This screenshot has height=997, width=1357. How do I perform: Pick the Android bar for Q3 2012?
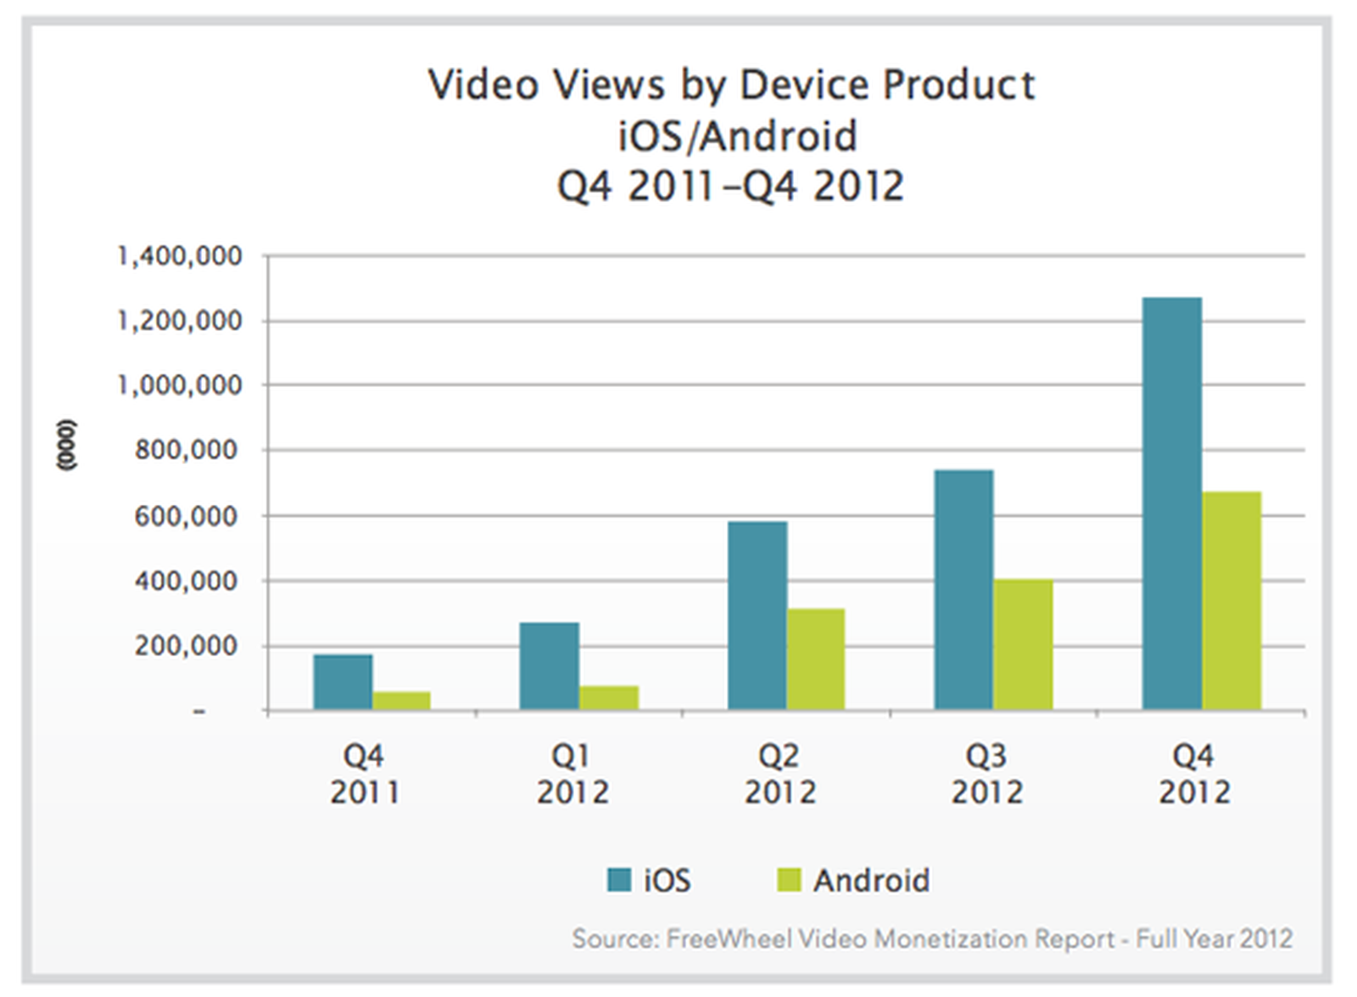point(1023,645)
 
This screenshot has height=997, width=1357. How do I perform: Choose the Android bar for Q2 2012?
point(815,659)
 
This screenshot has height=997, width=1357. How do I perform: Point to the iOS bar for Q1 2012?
point(549,666)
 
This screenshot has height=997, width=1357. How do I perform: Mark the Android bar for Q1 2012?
point(608,697)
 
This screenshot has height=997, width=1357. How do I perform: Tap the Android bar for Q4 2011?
point(401,701)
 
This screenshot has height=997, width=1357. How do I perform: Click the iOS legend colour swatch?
point(619,880)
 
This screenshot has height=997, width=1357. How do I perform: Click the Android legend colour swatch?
point(789,880)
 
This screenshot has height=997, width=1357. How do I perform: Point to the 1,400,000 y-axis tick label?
point(180,255)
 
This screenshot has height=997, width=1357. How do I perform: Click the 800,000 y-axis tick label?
point(187,450)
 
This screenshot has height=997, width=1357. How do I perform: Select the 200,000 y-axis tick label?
point(187,646)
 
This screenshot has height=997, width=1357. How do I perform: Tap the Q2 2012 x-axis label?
point(779,774)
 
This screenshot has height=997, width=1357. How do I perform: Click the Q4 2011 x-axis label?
point(364,774)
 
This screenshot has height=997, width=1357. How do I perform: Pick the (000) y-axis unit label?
point(65,445)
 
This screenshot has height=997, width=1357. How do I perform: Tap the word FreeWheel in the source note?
point(729,938)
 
